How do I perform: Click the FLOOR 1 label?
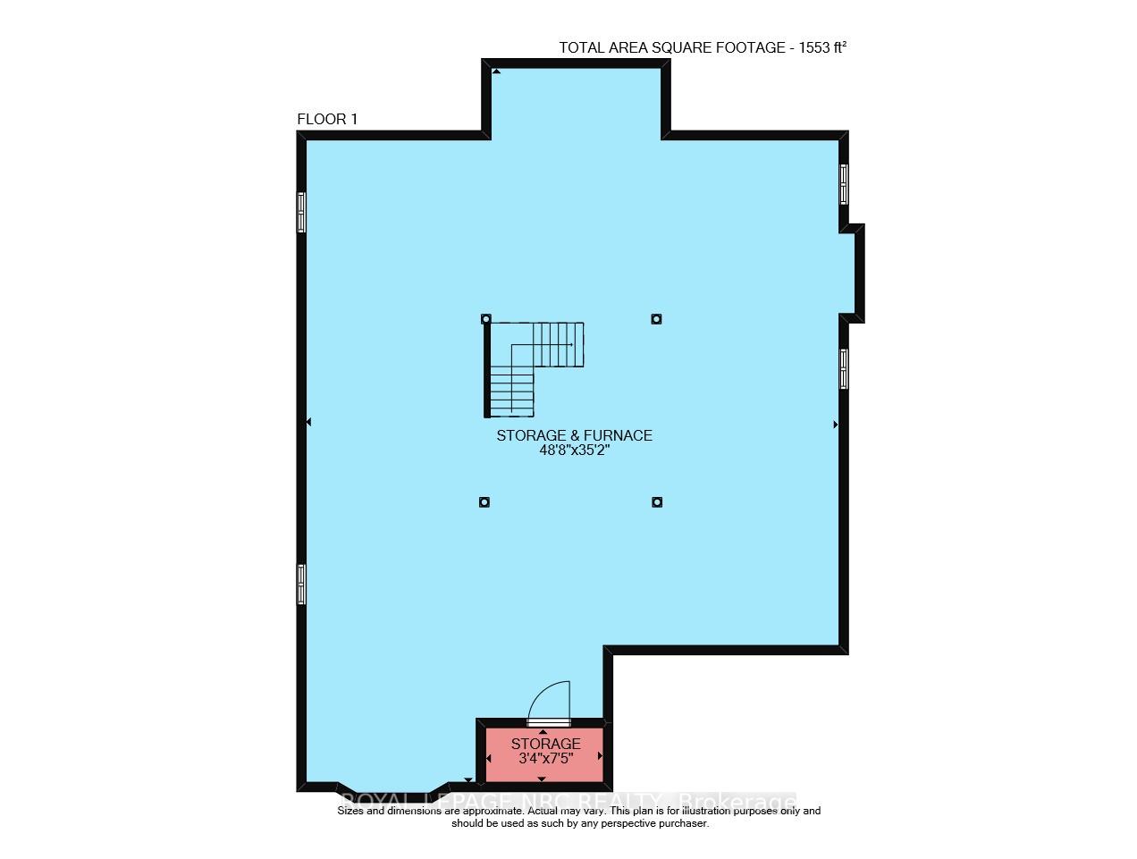pyautogui.click(x=327, y=120)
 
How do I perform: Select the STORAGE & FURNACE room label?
pyautogui.click(x=574, y=435)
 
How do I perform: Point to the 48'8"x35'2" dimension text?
pyautogui.click(x=574, y=451)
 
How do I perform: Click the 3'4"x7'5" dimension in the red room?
pyautogui.click(x=545, y=759)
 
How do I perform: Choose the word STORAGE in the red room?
pyautogui.click(x=545, y=744)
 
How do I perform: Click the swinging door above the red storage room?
pyautogui.click(x=549, y=703)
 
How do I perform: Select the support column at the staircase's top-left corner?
pyautogui.click(x=486, y=318)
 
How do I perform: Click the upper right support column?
pyautogui.click(x=656, y=318)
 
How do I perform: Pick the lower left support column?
pyautogui.click(x=484, y=501)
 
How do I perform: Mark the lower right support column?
pyautogui.click(x=656, y=501)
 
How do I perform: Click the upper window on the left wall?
pyautogui.click(x=301, y=213)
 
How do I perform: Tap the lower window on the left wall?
pyautogui.click(x=301, y=585)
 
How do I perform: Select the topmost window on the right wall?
pyautogui.click(x=844, y=184)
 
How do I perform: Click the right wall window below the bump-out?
pyautogui.click(x=844, y=368)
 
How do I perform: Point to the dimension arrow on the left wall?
pyautogui.click(x=309, y=422)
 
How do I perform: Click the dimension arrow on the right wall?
pyautogui.click(x=836, y=425)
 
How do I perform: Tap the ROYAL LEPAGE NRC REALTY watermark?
pyautogui.click(x=568, y=800)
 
